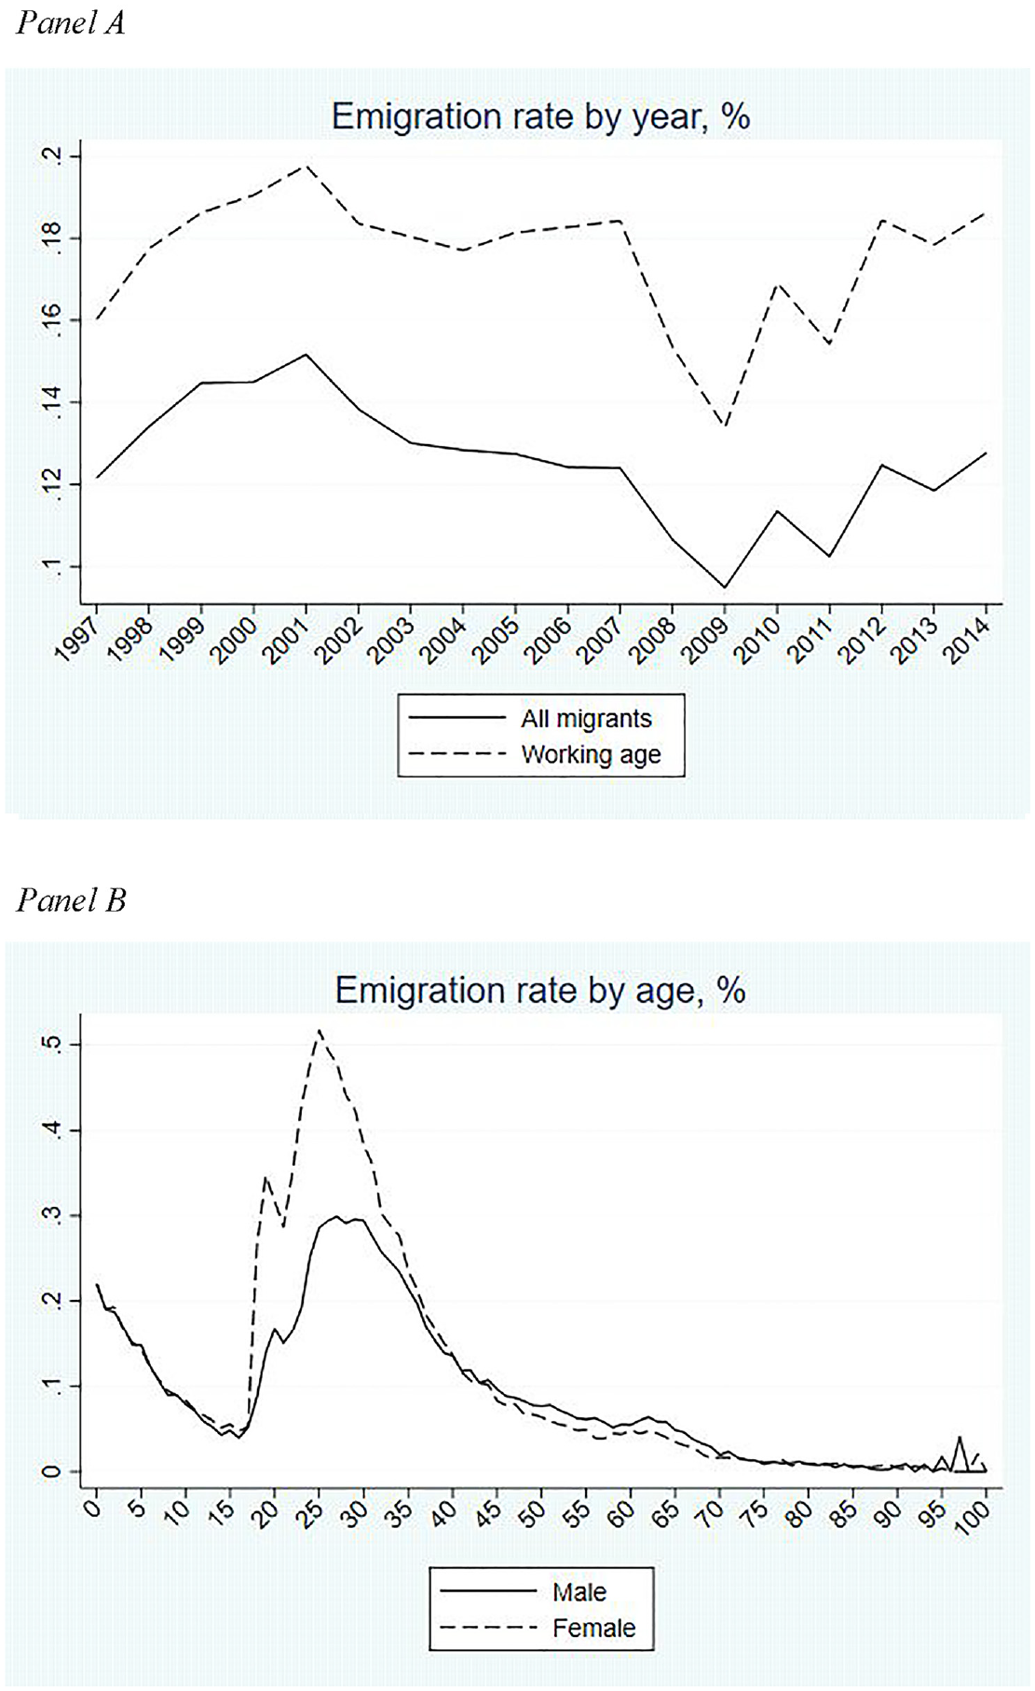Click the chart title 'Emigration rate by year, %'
(540, 117)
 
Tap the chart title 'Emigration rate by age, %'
(540, 991)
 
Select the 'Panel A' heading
(71, 23)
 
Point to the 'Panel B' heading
(71, 900)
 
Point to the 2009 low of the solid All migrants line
(725, 588)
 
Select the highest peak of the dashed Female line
(320, 1030)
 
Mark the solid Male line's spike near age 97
(959, 1438)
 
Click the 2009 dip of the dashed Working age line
(725, 426)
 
